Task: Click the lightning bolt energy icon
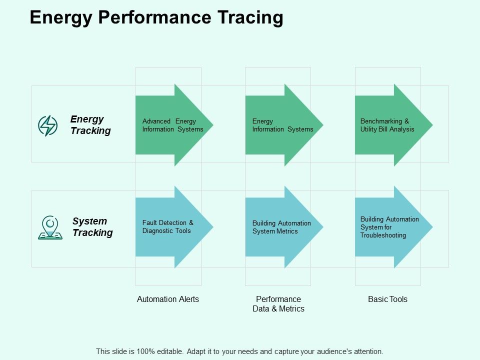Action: click(48, 125)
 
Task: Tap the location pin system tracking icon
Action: click(50, 227)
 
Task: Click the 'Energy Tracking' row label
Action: click(90, 125)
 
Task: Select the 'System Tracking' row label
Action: click(92, 227)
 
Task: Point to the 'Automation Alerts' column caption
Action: click(168, 299)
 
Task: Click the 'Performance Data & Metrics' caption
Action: click(278, 304)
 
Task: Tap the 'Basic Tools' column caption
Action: click(387, 299)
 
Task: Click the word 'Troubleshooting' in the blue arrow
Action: click(383, 235)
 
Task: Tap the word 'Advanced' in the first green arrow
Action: click(156, 121)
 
